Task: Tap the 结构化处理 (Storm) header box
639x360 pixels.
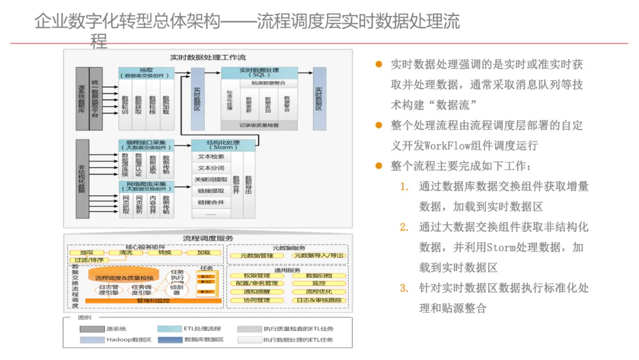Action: tap(222, 144)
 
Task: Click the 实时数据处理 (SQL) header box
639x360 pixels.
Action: tap(259, 73)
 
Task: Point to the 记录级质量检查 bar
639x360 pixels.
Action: tap(259, 126)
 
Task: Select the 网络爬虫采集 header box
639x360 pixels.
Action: tap(146, 187)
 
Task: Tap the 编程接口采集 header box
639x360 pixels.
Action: tap(146, 144)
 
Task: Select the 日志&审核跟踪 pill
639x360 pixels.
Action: tap(319, 300)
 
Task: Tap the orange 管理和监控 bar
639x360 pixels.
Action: tap(153, 301)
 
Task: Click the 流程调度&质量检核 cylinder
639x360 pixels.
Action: tap(124, 277)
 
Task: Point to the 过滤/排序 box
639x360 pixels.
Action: tap(86, 260)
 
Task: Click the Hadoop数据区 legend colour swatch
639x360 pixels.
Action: tap(92, 340)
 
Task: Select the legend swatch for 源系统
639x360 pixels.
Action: tap(92, 329)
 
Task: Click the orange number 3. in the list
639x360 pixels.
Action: tap(404, 288)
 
